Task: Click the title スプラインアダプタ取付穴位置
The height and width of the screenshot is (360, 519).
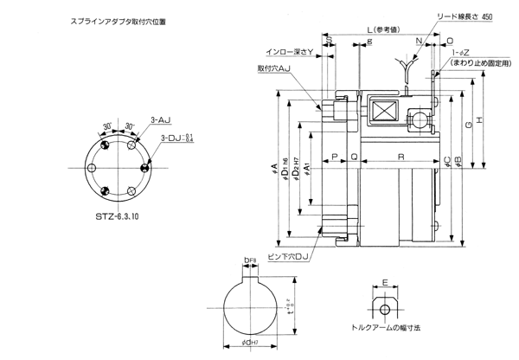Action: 102,17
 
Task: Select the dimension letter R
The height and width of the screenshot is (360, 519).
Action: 400,157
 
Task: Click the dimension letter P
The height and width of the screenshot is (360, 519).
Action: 334,157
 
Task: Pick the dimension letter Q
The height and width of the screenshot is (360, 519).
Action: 354,157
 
